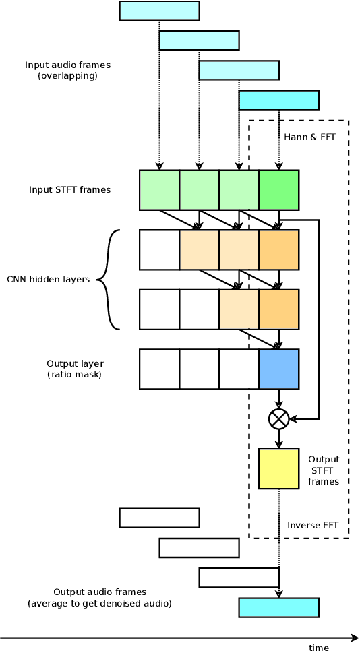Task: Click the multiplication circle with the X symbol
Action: pos(278,418)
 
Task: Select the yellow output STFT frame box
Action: pos(278,468)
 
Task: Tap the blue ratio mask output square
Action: pos(278,369)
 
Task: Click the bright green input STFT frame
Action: pos(278,189)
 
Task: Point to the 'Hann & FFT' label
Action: pos(309,137)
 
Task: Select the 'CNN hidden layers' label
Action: pos(48,279)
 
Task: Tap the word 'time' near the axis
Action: pos(319,648)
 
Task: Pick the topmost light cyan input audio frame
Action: pos(159,11)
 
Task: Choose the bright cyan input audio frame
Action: pos(278,100)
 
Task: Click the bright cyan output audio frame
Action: pos(278,607)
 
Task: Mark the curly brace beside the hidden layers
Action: pos(108,280)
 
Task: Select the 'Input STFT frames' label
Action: pos(69,189)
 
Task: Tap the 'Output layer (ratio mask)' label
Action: pos(74,369)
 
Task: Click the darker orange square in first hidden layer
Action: pos(278,249)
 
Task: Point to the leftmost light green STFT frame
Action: pos(159,189)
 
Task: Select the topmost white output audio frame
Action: pos(159,518)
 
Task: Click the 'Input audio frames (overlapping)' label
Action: pos(67,70)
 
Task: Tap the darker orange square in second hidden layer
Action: pos(278,309)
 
